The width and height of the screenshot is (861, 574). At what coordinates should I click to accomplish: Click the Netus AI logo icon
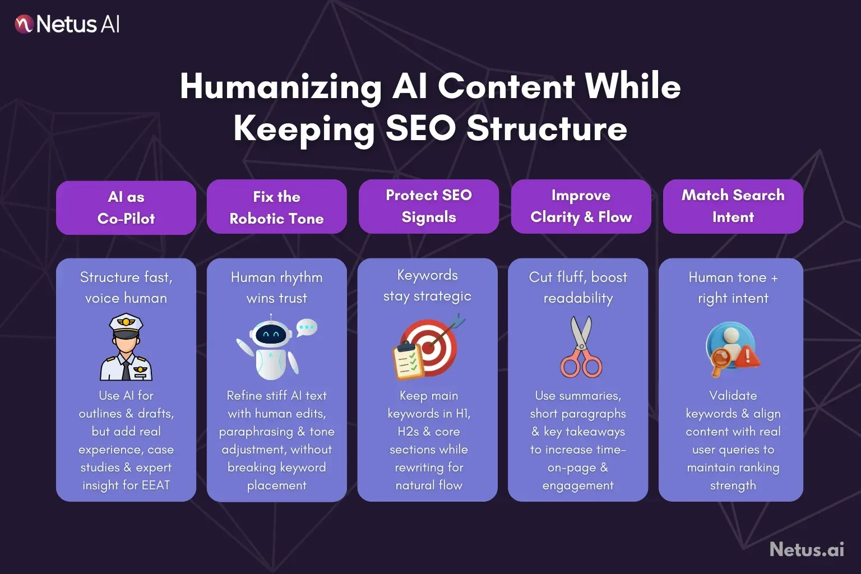pyautogui.click(x=24, y=24)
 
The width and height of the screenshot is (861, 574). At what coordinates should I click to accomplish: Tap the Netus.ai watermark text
pyautogui.click(x=807, y=549)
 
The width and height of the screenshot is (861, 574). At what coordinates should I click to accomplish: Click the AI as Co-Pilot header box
pyautogui.click(x=126, y=207)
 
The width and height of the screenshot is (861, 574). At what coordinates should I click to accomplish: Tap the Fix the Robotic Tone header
pyautogui.click(x=276, y=207)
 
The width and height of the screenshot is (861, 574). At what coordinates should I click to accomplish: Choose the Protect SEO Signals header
pyautogui.click(x=429, y=206)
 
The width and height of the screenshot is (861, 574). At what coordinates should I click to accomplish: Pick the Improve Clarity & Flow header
pyautogui.click(x=581, y=206)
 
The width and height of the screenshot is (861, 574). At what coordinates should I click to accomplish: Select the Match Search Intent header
pyautogui.click(x=733, y=206)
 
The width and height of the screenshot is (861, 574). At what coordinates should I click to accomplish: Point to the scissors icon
pyautogui.click(x=581, y=348)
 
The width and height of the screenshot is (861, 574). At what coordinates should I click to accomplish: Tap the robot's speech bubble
pyautogui.click(x=307, y=327)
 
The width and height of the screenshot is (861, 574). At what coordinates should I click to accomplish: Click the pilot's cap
pyautogui.click(x=126, y=322)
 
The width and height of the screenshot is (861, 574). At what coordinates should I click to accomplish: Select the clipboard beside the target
pyautogui.click(x=407, y=362)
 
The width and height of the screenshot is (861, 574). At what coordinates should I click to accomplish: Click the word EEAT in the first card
pyautogui.click(x=155, y=485)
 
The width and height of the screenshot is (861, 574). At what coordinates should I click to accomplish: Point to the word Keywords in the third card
pyautogui.click(x=427, y=275)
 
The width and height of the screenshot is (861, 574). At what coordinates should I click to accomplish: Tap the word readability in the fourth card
pyautogui.click(x=578, y=298)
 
